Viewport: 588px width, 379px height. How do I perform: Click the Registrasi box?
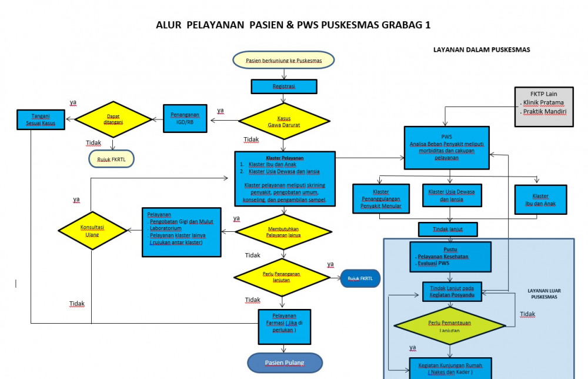pyautogui.click(x=284, y=87)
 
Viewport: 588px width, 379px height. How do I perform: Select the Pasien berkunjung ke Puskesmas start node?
pyautogui.click(x=284, y=60)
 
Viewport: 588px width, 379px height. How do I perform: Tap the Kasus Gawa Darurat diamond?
pyautogui.click(x=284, y=122)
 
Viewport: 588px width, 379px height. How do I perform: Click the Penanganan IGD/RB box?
pyautogui.click(x=186, y=118)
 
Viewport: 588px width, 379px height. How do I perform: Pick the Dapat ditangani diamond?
pyautogui.click(x=113, y=119)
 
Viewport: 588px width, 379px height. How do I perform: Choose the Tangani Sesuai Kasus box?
pyautogui.click(x=41, y=119)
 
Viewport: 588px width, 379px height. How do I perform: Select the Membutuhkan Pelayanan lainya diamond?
pyautogui.click(x=284, y=231)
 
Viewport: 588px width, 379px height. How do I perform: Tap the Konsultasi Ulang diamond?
pyautogui.click(x=92, y=230)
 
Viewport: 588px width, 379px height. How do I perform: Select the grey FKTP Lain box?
pyautogui.click(x=543, y=107)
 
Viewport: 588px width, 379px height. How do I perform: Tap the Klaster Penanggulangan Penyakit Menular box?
pyautogui.click(x=380, y=199)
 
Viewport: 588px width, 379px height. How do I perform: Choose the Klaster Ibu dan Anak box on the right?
pyautogui.click(x=540, y=200)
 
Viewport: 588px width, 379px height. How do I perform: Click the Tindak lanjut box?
pyautogui.click(x=447, y=229)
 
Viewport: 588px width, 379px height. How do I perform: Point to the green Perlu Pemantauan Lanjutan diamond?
pyautogui.click(x=450, y=325)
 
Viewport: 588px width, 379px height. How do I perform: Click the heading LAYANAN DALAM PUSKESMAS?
pyautogui.click(x=482, y=50)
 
